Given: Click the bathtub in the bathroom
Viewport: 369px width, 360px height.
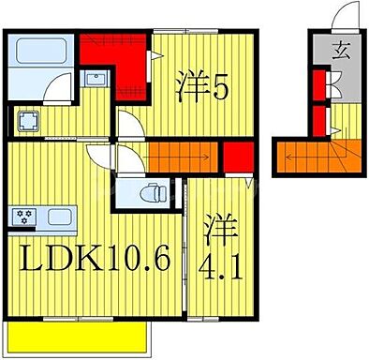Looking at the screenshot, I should (x=41, y=51).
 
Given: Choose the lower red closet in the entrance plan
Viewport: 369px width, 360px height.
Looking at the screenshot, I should (x=320, y=120).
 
